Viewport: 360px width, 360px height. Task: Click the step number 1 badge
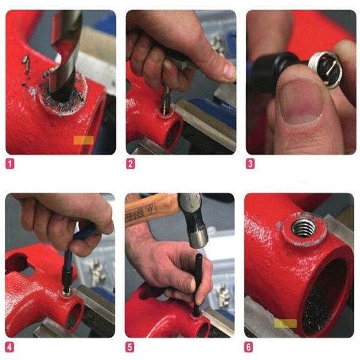tap(9, 164)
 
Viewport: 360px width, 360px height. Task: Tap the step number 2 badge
tap(130, 164)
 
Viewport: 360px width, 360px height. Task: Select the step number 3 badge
tap(250, 164)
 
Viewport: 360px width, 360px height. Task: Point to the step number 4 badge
tap(9, 347)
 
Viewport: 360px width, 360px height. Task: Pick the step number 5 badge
tap(130, 347)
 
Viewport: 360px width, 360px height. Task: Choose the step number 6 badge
tap(249, 347)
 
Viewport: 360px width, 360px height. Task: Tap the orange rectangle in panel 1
tap(83, 140)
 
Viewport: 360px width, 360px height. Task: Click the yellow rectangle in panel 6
tap(285, 324)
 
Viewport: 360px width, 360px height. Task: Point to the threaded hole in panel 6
tap(304, 227)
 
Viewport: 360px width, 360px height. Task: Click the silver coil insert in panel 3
tap(323, 69)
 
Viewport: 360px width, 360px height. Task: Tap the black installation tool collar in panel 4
tap(67, 278)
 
